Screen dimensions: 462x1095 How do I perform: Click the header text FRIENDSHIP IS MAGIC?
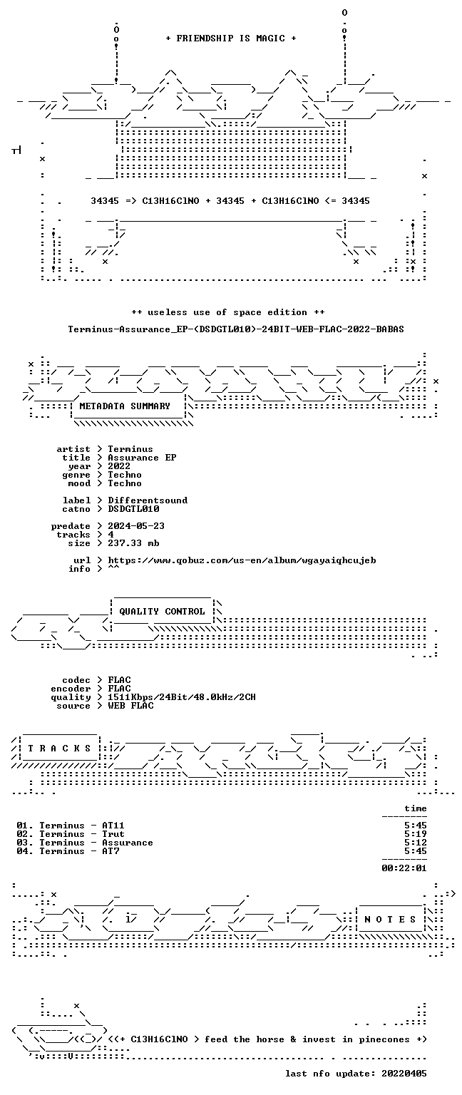(231, 38)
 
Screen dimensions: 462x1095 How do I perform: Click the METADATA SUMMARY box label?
(125, 406)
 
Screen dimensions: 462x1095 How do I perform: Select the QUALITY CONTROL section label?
(162, 612)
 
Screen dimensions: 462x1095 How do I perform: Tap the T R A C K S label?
(60, 749)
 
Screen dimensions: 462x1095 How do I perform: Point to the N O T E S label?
(390, 920)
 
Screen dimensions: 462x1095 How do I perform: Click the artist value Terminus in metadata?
(130, 449)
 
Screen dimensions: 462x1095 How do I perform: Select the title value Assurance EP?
(142, 458)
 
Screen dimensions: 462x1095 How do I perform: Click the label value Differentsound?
(148, 500)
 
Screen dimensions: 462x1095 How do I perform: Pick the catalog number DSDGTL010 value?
(133, 509)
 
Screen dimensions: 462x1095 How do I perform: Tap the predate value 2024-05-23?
(136, 526)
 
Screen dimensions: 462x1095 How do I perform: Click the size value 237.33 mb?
(133, 543)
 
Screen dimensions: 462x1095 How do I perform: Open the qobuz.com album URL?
(242, 561)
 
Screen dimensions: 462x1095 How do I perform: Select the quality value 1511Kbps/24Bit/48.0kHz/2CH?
(182, 697)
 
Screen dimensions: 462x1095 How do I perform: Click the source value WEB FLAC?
(130, 706)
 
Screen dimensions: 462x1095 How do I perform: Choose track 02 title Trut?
(113, 834)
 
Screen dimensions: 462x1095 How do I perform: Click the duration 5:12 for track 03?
(416, 843)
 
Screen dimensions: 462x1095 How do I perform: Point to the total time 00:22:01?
(404, 868)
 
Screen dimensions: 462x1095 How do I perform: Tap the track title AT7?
(111, 851)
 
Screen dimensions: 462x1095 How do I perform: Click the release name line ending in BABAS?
(236, 329)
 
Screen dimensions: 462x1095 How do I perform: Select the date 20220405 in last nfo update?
(404, 1074)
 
